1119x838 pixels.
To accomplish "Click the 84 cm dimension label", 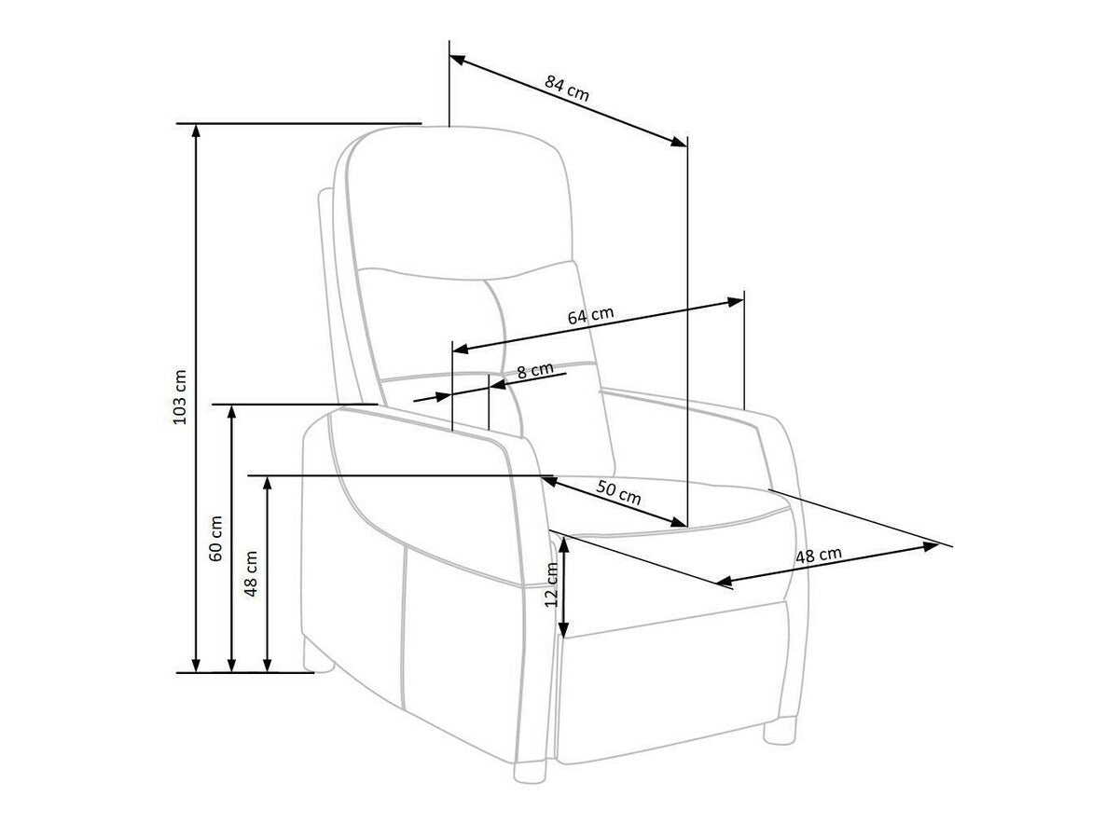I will click(x=567, y=89).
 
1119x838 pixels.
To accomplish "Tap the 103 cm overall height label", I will click(x=181, y=397).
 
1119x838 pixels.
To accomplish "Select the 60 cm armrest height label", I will click(x=216, y=538).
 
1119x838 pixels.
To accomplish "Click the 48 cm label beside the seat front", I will click(x=819, y=556).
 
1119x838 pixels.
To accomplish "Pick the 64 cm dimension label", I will click(x=590, y=316).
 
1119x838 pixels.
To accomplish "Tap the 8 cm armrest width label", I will click(x=535, y=370).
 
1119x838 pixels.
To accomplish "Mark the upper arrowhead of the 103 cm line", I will click(x=196, y=131).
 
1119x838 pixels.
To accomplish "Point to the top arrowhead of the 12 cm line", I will click(x=563, y=543).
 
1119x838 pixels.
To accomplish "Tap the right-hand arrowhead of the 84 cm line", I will click(x=679, y=141).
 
